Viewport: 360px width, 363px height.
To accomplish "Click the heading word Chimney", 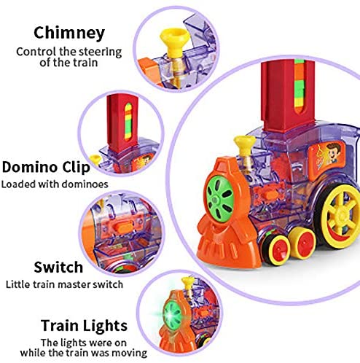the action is coord(69,34).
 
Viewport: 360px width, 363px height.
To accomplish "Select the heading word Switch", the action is coord(58,268).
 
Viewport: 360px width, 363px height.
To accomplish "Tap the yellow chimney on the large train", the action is coord(245,146).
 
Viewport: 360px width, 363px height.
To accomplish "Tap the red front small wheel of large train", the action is coord(277,250).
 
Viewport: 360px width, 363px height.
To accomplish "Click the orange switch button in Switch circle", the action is coord(122,228).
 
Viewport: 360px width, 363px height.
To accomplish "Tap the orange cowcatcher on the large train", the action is coord(224,246).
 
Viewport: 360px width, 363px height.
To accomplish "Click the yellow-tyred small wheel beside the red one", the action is coord(302,243).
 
